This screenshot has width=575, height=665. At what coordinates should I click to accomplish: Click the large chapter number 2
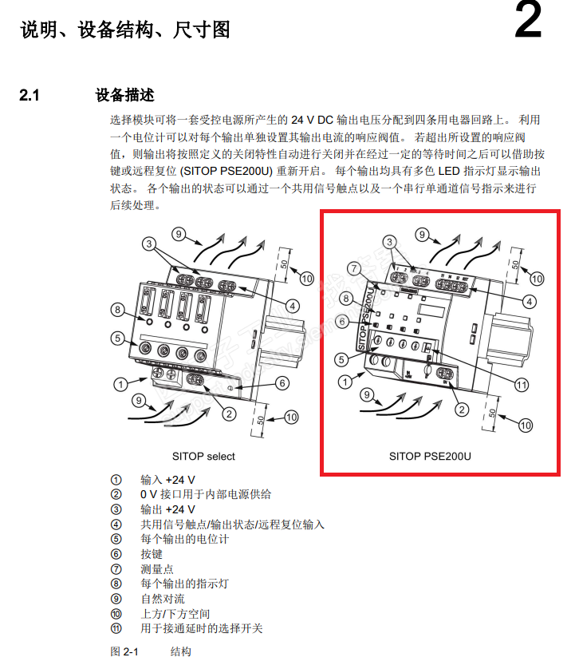527,23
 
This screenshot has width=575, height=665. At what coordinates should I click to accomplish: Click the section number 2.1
30,96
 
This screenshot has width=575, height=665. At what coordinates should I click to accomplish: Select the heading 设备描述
124,96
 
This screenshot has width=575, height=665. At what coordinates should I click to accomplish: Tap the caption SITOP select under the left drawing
204,457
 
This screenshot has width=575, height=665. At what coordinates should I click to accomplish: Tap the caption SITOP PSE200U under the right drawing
431,457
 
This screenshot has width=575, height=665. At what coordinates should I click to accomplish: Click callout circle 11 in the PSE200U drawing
522,385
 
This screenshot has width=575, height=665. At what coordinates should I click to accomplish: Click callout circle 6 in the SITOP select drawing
282,383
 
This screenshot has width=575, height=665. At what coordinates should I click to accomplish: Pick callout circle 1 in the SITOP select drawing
120,385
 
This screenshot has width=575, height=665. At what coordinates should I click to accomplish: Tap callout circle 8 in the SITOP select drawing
117,310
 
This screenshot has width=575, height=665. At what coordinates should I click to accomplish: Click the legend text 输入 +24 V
167,480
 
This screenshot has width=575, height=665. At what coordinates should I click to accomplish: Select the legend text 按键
152,554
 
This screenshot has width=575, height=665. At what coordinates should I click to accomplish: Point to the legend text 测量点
157,569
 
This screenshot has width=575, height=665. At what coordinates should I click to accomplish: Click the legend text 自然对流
163,599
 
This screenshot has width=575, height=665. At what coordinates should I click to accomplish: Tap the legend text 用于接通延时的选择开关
202,628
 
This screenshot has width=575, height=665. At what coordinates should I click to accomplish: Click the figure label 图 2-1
124,651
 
